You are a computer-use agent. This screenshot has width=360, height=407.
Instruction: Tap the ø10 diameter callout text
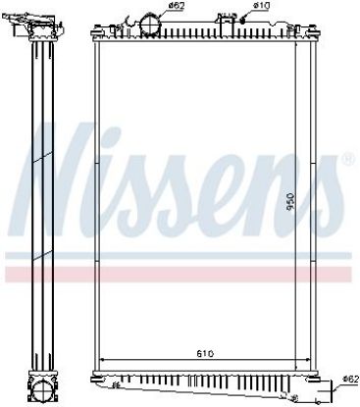261,5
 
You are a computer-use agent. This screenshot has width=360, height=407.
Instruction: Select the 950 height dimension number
290,201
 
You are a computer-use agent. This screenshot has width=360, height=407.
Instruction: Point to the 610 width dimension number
205,353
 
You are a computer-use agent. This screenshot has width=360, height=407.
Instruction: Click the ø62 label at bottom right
349,380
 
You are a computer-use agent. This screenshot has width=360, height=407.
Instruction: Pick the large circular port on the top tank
150,25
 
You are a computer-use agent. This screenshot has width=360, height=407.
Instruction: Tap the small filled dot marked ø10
242,21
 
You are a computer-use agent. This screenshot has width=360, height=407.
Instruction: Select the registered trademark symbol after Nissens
347,159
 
